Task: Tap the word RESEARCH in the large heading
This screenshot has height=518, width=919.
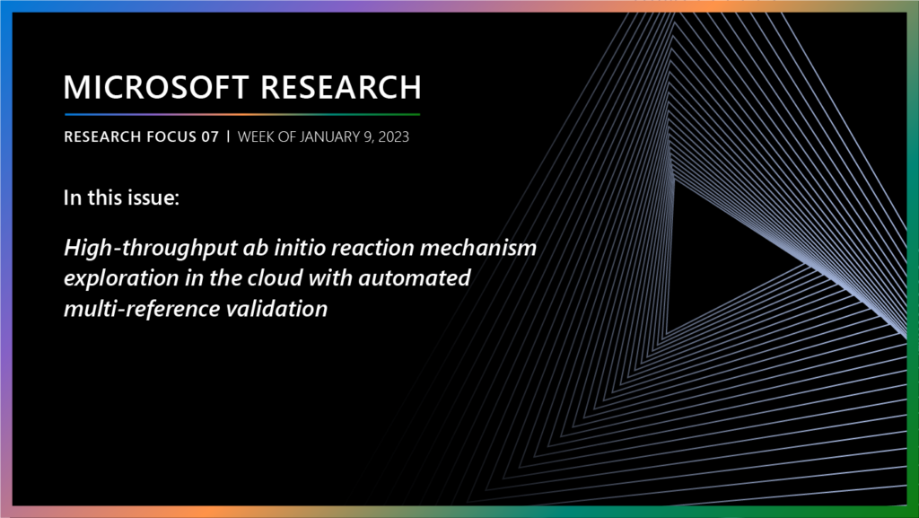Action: pos(341,87)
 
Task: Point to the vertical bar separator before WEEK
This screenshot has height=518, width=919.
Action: pos(228,137)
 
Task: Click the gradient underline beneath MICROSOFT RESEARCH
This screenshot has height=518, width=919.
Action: pos(242,115)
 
